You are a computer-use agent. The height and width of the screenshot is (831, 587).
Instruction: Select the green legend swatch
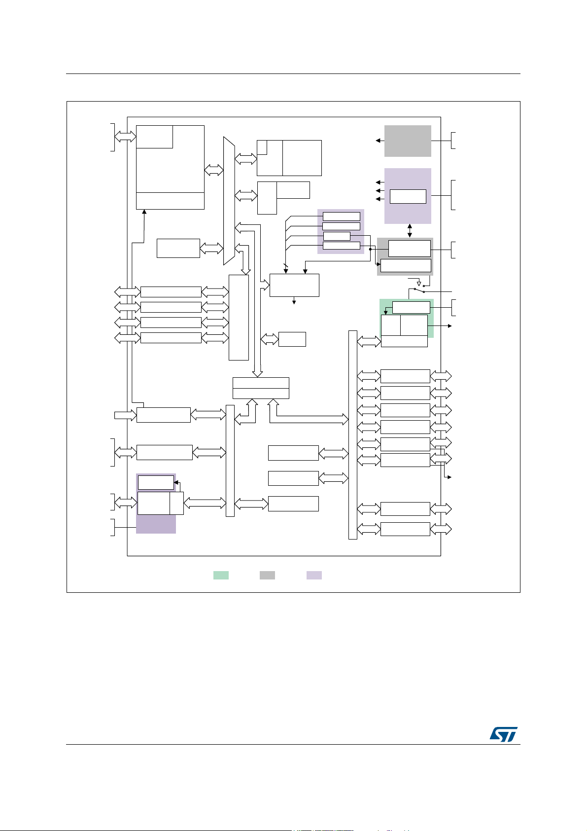click(x=221, y=575)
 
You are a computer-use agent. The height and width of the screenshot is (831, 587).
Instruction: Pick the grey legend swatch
click(x=267, y=575)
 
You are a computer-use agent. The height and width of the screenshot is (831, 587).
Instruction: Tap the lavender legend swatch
click(x=314, y=575)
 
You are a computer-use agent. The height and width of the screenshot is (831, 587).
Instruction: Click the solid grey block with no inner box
click(x=408, y=141)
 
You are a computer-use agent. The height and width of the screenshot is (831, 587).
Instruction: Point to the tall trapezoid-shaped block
click(x=229, y=201)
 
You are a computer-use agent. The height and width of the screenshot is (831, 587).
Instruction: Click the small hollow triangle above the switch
click(x=419, y=284)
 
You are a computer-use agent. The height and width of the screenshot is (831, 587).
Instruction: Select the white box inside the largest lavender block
click(x=408, y=196)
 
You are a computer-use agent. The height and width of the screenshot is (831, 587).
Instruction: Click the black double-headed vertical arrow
click(x=410, y=231)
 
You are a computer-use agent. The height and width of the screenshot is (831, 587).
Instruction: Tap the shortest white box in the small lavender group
click(x=337, y=236)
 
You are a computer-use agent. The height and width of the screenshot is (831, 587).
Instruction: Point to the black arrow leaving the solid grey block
click(x=378, y=141)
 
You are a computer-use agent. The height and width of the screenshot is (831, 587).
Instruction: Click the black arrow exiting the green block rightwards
click(x=448, y=326)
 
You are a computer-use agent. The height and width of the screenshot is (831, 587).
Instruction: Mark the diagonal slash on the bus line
click(x=285, y=265)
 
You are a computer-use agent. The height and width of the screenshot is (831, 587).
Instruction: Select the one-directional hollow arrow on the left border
click(x=125, y=415)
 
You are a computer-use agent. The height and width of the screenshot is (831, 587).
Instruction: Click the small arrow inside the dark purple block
click(x=176, y=483)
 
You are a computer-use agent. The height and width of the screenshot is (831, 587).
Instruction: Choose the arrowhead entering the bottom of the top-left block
click(x=144, y=212)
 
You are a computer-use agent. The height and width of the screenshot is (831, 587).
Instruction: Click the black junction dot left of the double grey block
click(x=370, y=249)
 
